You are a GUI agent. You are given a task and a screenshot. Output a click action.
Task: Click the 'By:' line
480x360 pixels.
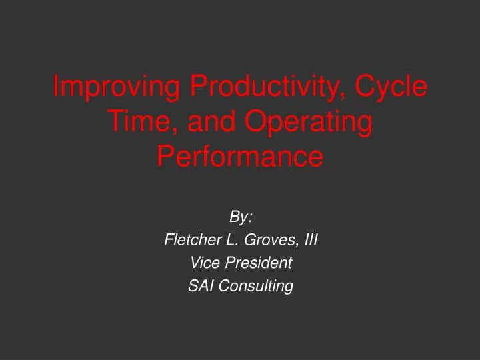coord(240,217)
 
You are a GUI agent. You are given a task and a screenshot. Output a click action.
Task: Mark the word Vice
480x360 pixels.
coord(201,263)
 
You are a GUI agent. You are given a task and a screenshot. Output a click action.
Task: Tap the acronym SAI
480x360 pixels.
coord(200,287)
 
